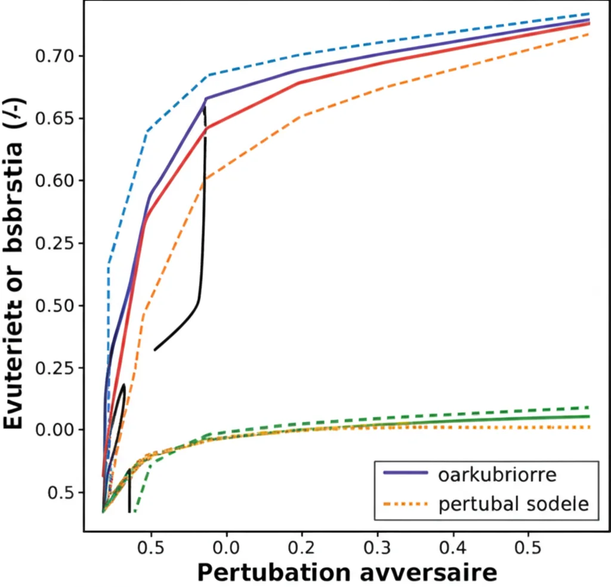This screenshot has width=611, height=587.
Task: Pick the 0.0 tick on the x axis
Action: (x=226, y=546)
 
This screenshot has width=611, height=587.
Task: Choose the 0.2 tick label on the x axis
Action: (x=302, y=546)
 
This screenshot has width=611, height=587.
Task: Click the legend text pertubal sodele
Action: (x=513, y=504)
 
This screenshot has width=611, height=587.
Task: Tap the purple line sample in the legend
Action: (x=406, y=474)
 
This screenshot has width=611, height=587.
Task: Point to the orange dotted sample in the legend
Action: (x=406, y=504)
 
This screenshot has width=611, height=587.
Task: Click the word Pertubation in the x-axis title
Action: (x=273, y=573)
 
